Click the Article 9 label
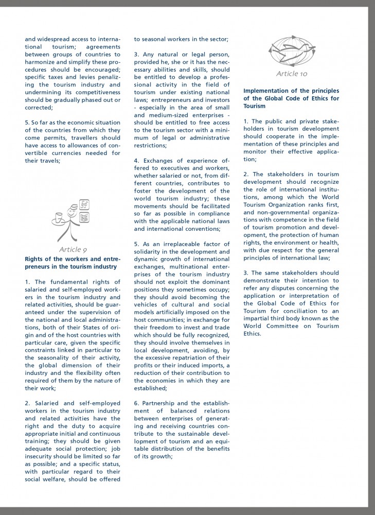73,249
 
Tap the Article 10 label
292,74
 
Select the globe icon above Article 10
291,50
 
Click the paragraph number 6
136,403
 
